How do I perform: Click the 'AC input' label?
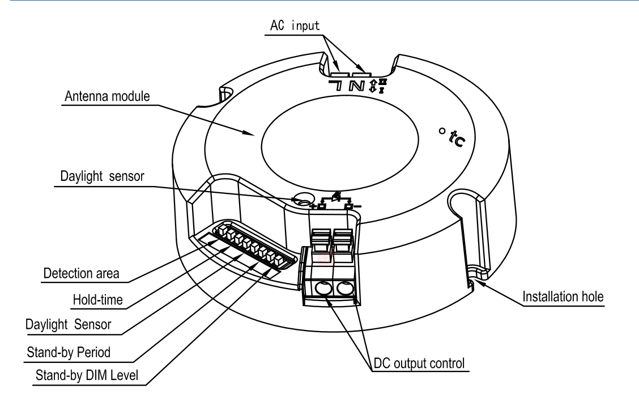(295, 26)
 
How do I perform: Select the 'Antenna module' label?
(107, 96)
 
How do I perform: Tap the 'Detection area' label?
(81, 273)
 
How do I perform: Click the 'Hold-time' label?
(97, 300)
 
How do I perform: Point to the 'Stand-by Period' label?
(69, 352)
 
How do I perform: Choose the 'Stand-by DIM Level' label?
(87, 375)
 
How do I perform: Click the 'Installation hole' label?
(563, 297)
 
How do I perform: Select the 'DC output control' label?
(419, 363)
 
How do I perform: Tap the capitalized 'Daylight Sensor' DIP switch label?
(68, 325)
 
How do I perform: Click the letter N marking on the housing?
(356, 86)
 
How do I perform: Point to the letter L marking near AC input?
(336, 85)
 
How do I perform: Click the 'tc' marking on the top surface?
(457, 138)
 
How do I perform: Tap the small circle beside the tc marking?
(442, 131)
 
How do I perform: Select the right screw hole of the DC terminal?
(345, 289)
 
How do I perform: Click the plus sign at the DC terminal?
(313, 206)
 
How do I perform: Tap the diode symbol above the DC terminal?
(336, 197)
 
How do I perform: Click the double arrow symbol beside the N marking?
(373, 86)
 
